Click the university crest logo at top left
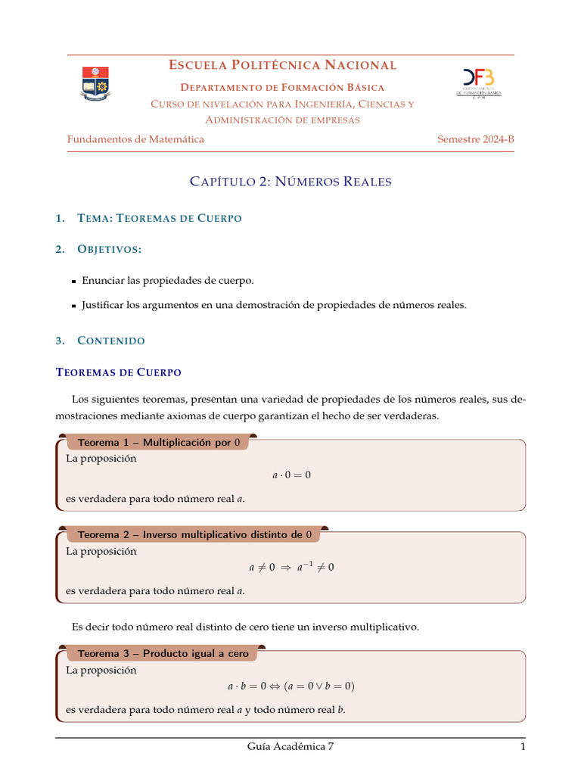tap(95, 83)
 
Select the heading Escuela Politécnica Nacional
tap(282, 65)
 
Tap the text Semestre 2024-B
tap(475, 139)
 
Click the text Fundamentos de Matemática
tap(135, 139)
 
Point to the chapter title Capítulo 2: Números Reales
tap(290, 182)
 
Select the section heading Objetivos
tap(110, 249)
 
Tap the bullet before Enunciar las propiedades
tap(74, 282)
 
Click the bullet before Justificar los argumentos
tap(74, 306)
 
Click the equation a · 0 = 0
tap(291, 475)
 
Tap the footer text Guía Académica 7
tap(290, 747)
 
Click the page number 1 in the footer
tap(522, 747)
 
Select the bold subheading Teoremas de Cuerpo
tap(119, 372)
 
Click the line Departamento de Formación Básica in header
tap(282, 88)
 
